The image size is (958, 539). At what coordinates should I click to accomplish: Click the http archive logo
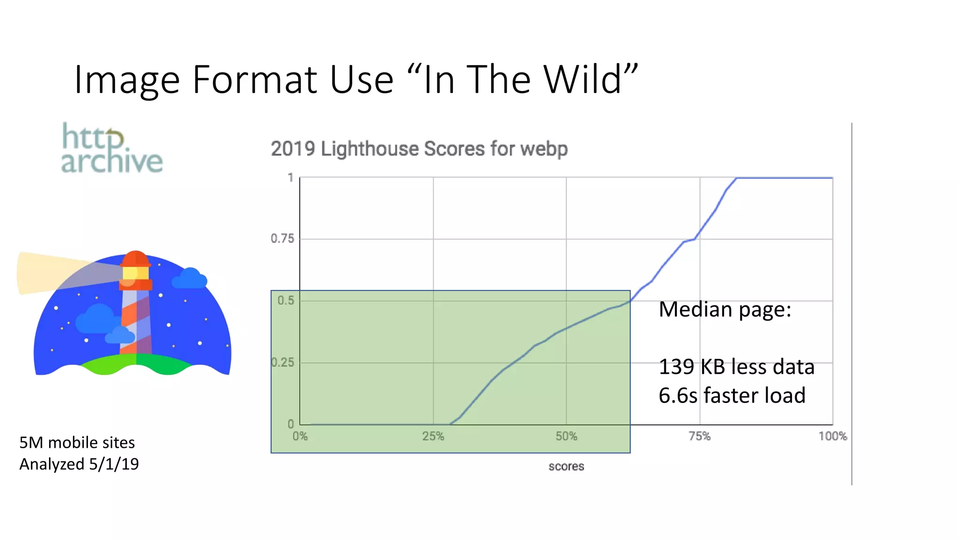tap(112, 149)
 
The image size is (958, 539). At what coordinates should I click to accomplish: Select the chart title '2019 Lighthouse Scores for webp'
tap(419, 149)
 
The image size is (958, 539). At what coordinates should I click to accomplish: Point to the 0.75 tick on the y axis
tap(283, 239)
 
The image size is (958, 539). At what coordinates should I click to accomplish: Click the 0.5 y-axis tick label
tap(286, 300)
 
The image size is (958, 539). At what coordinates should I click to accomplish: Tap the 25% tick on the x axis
tap(433, 437)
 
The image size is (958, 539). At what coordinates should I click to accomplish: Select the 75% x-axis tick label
tap(699, 437)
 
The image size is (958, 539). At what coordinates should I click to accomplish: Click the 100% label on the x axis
tap(832, 437)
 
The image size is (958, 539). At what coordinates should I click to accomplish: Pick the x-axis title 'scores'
tap(566, 466)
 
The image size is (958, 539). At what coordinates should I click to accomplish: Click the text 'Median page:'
tap(725, 309)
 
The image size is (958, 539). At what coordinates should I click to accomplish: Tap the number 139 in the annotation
tap(676, 367)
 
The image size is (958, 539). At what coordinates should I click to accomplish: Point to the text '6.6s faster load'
tap(732, 395)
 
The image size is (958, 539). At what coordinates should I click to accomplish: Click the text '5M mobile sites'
tap(77, 443)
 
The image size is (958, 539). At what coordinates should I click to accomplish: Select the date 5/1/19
tap(114, 464)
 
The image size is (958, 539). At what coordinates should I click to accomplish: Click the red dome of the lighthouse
tap(135, 258)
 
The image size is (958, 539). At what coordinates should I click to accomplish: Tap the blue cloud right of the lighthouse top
tap(189, 279)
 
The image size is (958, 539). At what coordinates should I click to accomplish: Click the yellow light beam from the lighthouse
tap(47, 272)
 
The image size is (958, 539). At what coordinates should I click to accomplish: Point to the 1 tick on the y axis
tap(290, 178)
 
